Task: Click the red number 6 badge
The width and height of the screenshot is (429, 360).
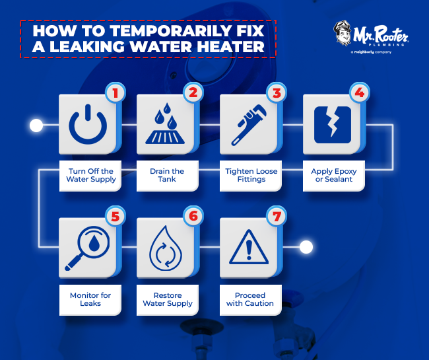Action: [x=193, y=216]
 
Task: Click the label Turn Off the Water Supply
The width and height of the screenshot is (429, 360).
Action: [x=91, y=176]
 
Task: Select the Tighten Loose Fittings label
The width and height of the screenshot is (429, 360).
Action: [x=251, y=176]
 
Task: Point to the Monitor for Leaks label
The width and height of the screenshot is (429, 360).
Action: [x=91, y=299]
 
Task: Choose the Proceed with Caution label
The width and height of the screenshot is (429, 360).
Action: [x=250, y=299]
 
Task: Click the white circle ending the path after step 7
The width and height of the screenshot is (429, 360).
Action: [x=306, y=248]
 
